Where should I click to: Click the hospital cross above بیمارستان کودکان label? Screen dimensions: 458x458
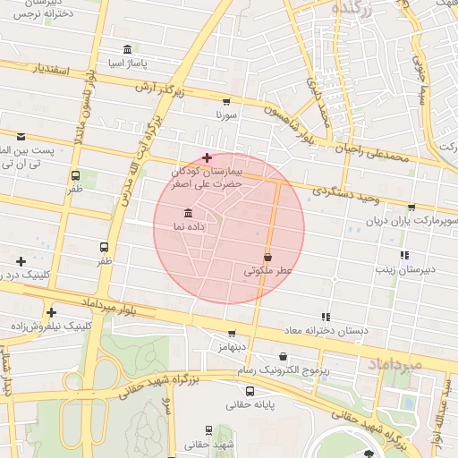(x=208, y=157)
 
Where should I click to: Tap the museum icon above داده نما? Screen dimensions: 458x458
(x=188, y=213)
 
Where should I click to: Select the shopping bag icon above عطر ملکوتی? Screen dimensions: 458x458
(x=267, y=257)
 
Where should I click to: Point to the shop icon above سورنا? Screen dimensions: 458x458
(x=225, y=102)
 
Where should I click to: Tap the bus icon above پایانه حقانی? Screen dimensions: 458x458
(x=248, y=391)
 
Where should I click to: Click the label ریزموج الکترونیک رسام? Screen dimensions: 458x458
(x=283, y=369)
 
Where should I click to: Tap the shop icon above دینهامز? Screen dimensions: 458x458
(x=232, y=333)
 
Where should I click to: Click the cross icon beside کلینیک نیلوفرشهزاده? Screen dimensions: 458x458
(x=52, y=312)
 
